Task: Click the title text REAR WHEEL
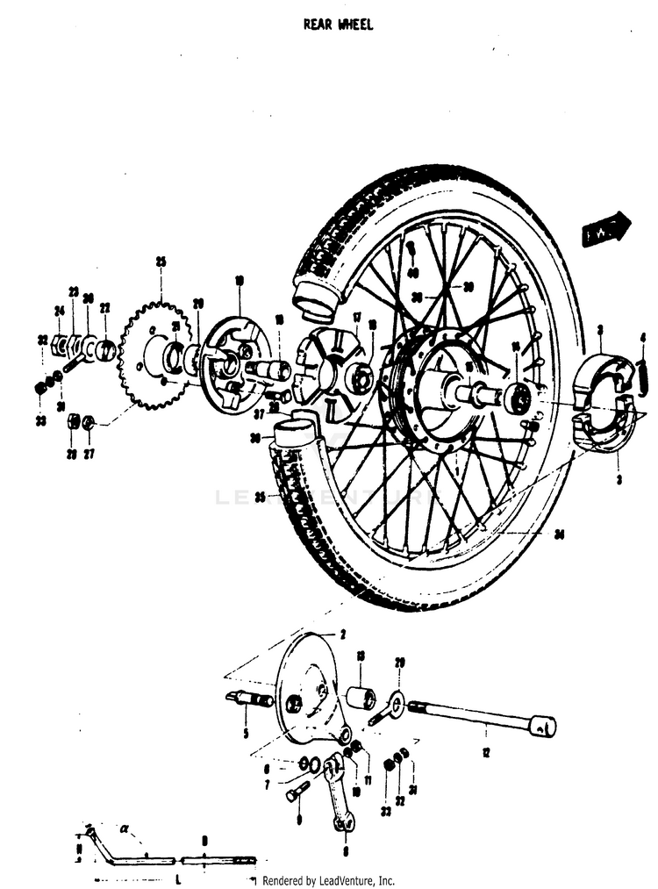coord(338,25)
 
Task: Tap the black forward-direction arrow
coord(606,229)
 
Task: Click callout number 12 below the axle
coord(484,751)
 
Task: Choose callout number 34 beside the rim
coord(559,533)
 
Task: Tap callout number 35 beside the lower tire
coord(260,497)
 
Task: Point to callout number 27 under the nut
coord(89,454)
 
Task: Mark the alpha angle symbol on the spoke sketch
coord(125,827)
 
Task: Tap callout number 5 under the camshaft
coord(246,733)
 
